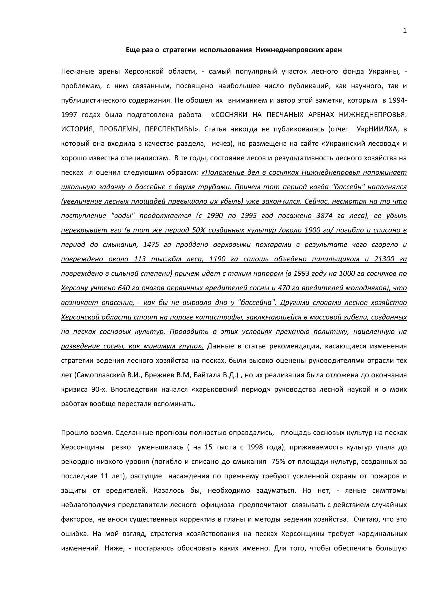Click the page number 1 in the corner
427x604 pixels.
(405, 31)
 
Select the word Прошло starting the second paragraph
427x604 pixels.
(72, 433)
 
